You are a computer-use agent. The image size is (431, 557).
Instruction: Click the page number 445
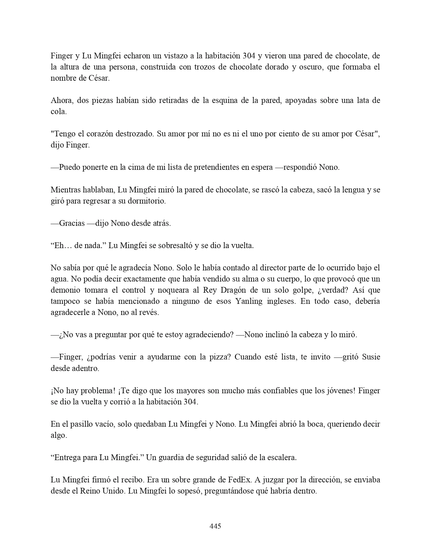click(215, 526)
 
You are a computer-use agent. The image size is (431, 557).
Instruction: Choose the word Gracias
click(72, 223)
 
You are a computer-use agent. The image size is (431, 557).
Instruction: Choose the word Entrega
click(66, 457)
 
